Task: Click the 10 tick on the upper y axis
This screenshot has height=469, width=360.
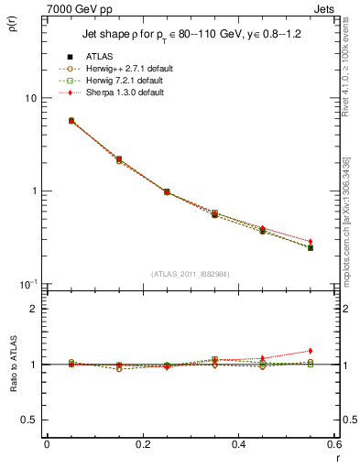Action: (30, 98)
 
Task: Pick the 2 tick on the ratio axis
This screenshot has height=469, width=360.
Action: (33, 309)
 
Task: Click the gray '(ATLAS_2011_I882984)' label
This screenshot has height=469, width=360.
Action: (191, 274)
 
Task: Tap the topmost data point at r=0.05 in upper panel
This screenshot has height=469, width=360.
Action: (71, 120)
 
